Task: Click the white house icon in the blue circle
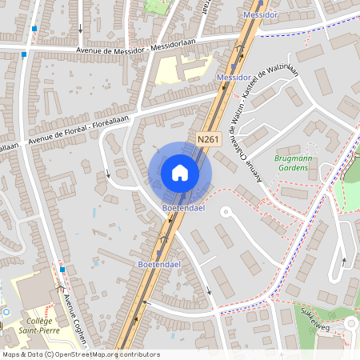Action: pos(180,172)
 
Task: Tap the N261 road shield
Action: pos(208,139)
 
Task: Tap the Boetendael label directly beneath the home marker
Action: pos(182,209)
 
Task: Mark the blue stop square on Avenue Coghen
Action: pos(62,270)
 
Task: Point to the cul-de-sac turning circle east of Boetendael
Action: pos(226,213)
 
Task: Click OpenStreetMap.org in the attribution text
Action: pos(88,354)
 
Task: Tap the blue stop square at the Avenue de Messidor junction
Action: pos(24,54)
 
